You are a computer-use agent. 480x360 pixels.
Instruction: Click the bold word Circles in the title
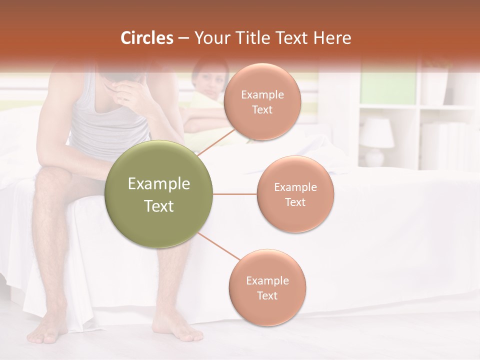146,38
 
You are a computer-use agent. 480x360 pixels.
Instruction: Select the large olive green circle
159,194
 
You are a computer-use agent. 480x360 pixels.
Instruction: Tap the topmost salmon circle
262,101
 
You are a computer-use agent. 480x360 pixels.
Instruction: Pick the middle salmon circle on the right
295,194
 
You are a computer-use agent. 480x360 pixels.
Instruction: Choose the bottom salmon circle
267,287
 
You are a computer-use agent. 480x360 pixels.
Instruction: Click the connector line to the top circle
216,142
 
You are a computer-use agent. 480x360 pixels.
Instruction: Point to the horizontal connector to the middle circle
234,194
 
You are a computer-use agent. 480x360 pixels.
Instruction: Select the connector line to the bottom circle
218,247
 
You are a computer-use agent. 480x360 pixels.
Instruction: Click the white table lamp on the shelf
376,140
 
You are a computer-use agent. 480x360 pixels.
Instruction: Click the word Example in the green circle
159,184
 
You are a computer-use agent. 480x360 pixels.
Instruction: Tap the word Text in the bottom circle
267,295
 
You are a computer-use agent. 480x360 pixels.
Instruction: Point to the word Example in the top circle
262,94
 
